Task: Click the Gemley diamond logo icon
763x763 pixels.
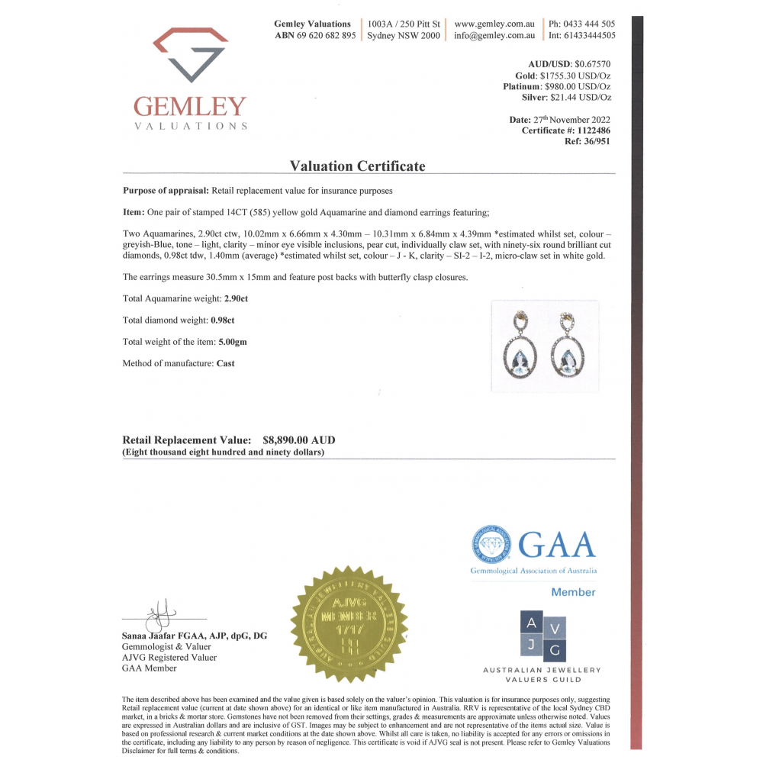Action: click(x=191, y=54)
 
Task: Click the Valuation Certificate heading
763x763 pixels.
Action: click(x=358, y=166)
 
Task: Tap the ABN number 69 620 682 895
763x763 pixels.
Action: click(x=326, y=35)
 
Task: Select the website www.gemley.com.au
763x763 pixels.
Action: click(x=494, y=24)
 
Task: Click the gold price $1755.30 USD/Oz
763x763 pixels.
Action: click(x=575, y=76)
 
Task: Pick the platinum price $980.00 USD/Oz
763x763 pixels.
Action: click(x=578, y=86)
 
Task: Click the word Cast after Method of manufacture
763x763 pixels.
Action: click(x=225, y=363)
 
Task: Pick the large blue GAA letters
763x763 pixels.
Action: click(x=557, y=544)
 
